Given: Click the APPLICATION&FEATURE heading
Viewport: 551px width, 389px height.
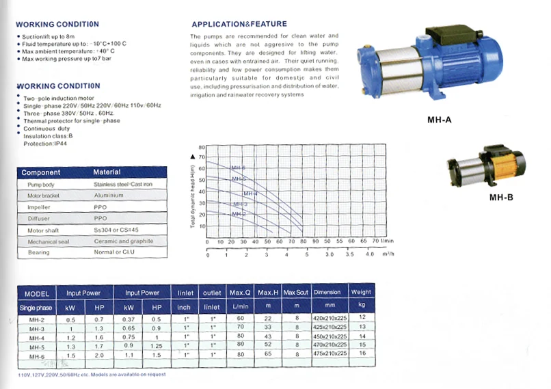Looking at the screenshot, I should pos(239,24).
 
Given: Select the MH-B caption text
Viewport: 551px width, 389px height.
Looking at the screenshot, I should pos(501,198).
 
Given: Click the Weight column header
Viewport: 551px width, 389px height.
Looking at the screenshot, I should pos(362,292).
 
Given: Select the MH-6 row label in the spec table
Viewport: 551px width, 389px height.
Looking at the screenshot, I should pos(37,356).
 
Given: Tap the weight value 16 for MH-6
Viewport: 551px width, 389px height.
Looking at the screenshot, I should pos(362,355).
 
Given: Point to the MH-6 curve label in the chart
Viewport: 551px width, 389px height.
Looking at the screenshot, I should pos(238,167).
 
